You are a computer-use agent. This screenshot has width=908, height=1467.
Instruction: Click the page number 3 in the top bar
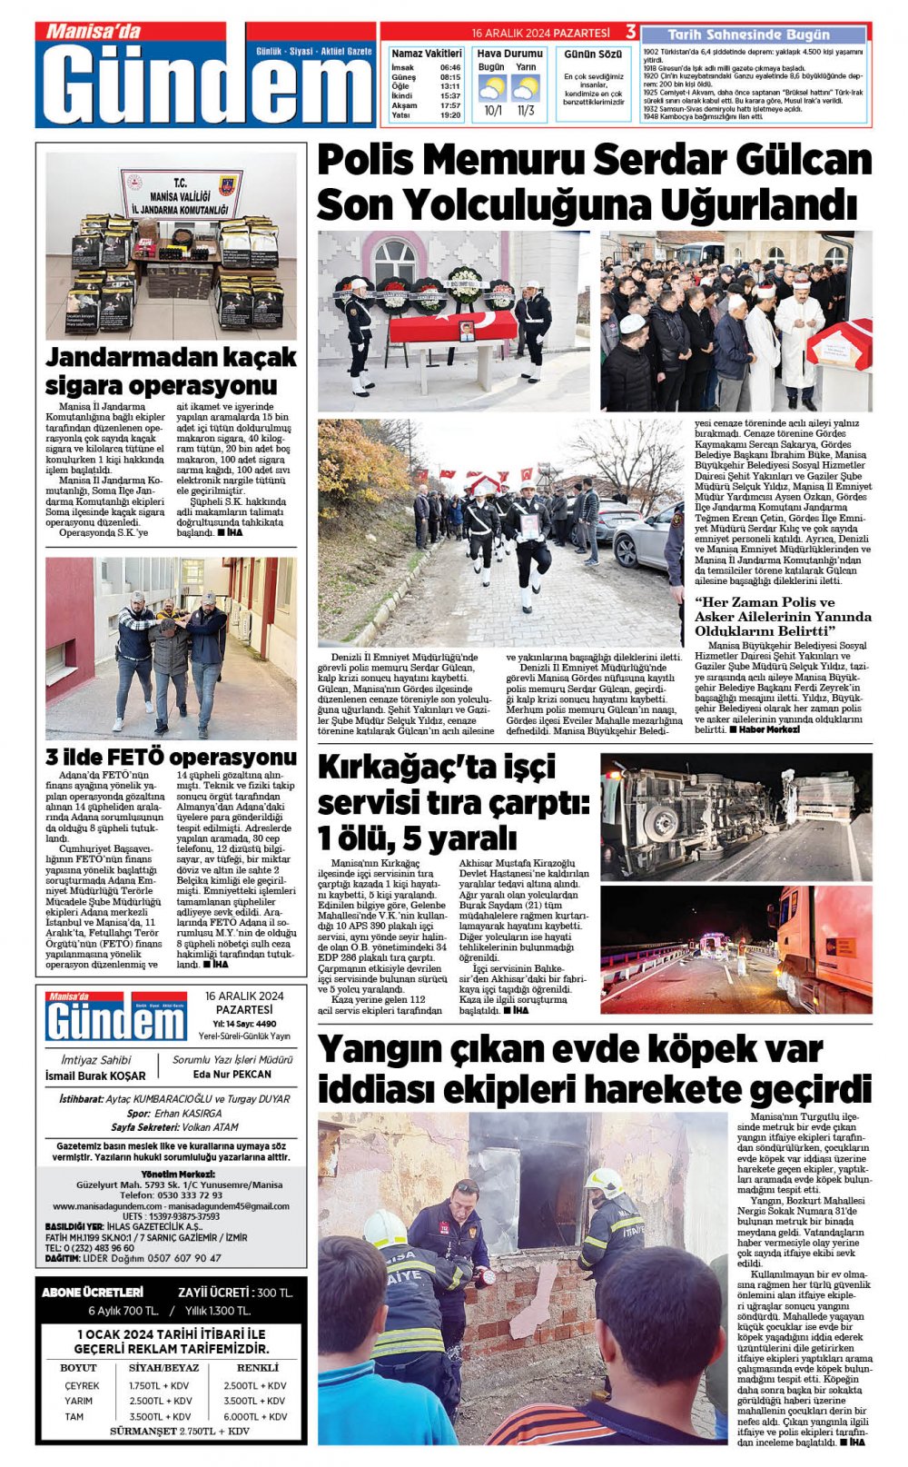630,32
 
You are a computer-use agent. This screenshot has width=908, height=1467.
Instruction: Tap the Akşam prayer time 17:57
450,105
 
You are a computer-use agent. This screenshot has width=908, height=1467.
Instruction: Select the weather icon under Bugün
492,89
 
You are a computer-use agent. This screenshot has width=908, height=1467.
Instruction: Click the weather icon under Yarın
526,89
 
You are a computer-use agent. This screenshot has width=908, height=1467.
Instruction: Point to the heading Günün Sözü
593,55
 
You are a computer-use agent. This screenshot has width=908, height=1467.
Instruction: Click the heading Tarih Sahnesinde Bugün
749,35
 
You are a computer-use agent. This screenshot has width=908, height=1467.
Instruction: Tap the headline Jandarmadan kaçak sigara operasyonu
171,369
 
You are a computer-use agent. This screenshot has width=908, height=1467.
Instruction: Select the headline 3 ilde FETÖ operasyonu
171,757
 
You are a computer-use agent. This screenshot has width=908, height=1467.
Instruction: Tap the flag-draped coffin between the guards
452,327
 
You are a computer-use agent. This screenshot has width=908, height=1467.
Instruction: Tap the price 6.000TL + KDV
255,1416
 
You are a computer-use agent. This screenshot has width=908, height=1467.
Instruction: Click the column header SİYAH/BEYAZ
163,1367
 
